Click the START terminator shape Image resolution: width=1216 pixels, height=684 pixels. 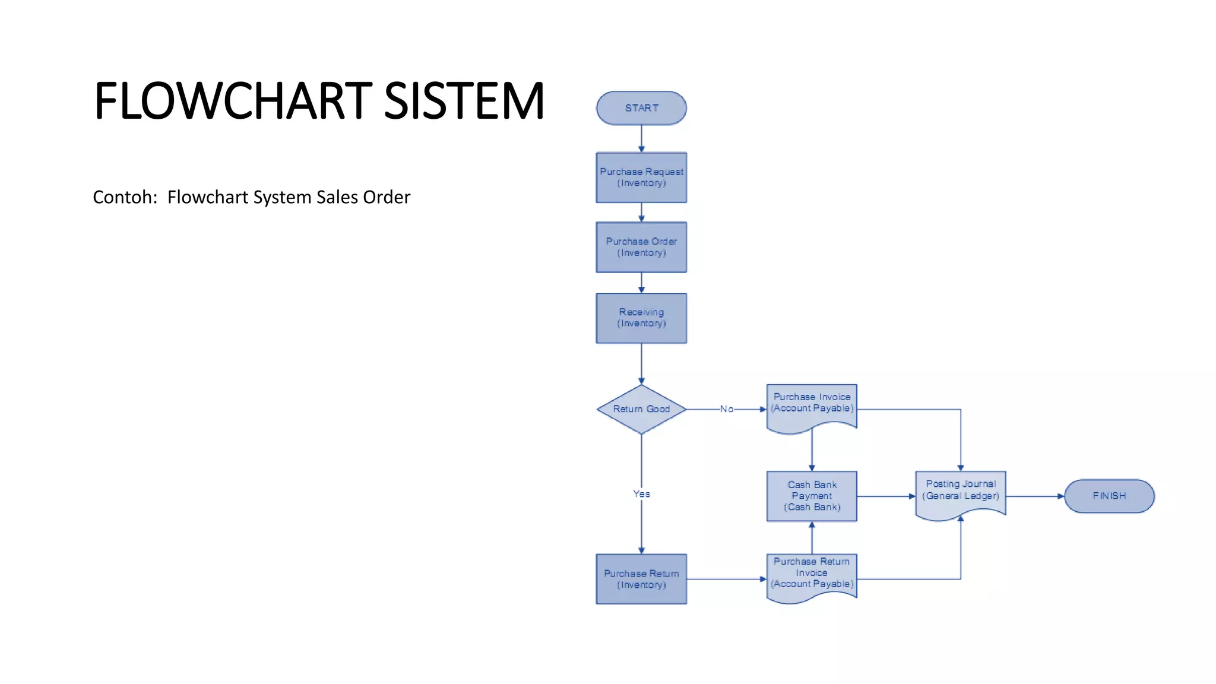[641, 108]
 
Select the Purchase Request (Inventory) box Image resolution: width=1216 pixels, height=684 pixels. [641, 178]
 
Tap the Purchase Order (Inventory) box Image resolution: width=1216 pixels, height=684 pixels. [641, 247]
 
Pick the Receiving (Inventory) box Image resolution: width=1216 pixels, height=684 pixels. [641, 318]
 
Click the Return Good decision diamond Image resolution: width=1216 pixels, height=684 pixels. [641, 409]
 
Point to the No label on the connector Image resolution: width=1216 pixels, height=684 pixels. [726, 409]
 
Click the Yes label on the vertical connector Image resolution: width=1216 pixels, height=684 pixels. [641, 493]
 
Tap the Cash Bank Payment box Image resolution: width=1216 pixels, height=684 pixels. [812, 496]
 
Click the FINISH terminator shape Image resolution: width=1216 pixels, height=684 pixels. [1109, 496]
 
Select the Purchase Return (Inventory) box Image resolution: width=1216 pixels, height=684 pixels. [641, 579]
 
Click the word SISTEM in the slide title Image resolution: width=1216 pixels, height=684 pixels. [464, 101]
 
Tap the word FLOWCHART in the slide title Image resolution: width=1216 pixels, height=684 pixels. [233, 101]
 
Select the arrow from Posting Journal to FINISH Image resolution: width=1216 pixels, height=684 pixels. [1034, 496]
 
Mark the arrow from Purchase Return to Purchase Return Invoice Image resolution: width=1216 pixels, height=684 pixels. [726, 579]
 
